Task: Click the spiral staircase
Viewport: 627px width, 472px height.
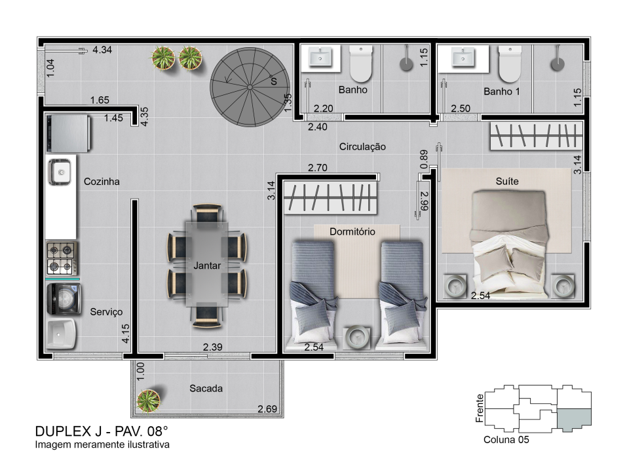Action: pyautogui.click(x=250, y=87)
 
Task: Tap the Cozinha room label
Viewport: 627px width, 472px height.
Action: pyautogui.click(x=102, y=181)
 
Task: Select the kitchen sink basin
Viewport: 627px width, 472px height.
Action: pyautogui.click(x=60, y=172)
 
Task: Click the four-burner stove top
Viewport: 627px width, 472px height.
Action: pyautogui.click(x=62, y=258)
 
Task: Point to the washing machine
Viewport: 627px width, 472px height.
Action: pyautogui.click(x=64, y=299)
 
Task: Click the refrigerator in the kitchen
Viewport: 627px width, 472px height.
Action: pyautogui.click(x=68, y=133)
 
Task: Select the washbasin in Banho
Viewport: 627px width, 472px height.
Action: pyautogui.click(x=320, y=57)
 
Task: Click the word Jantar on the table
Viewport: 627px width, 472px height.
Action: pyautogui.click(x=207, y=265)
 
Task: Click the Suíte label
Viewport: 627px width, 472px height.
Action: pyautogui.click(x=507, y=181)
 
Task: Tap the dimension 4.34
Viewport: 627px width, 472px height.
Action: pyautogui.click(x=102, y=50)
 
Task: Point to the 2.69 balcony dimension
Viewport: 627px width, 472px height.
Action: pyautogui.click(x=267, y=409)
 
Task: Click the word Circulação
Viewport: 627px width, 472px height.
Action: pyautogui.click(x=362, y=147)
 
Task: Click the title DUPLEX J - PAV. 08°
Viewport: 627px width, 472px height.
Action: pyautogui.click(x=102, y=431)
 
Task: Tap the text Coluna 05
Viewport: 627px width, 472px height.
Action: pyautogui.click(x=506, y=440)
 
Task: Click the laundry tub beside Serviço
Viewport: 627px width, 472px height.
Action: pyautogui.click(x=61, y=334)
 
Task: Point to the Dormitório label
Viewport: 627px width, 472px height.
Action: pyautogui.click(x=352, y=231)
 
